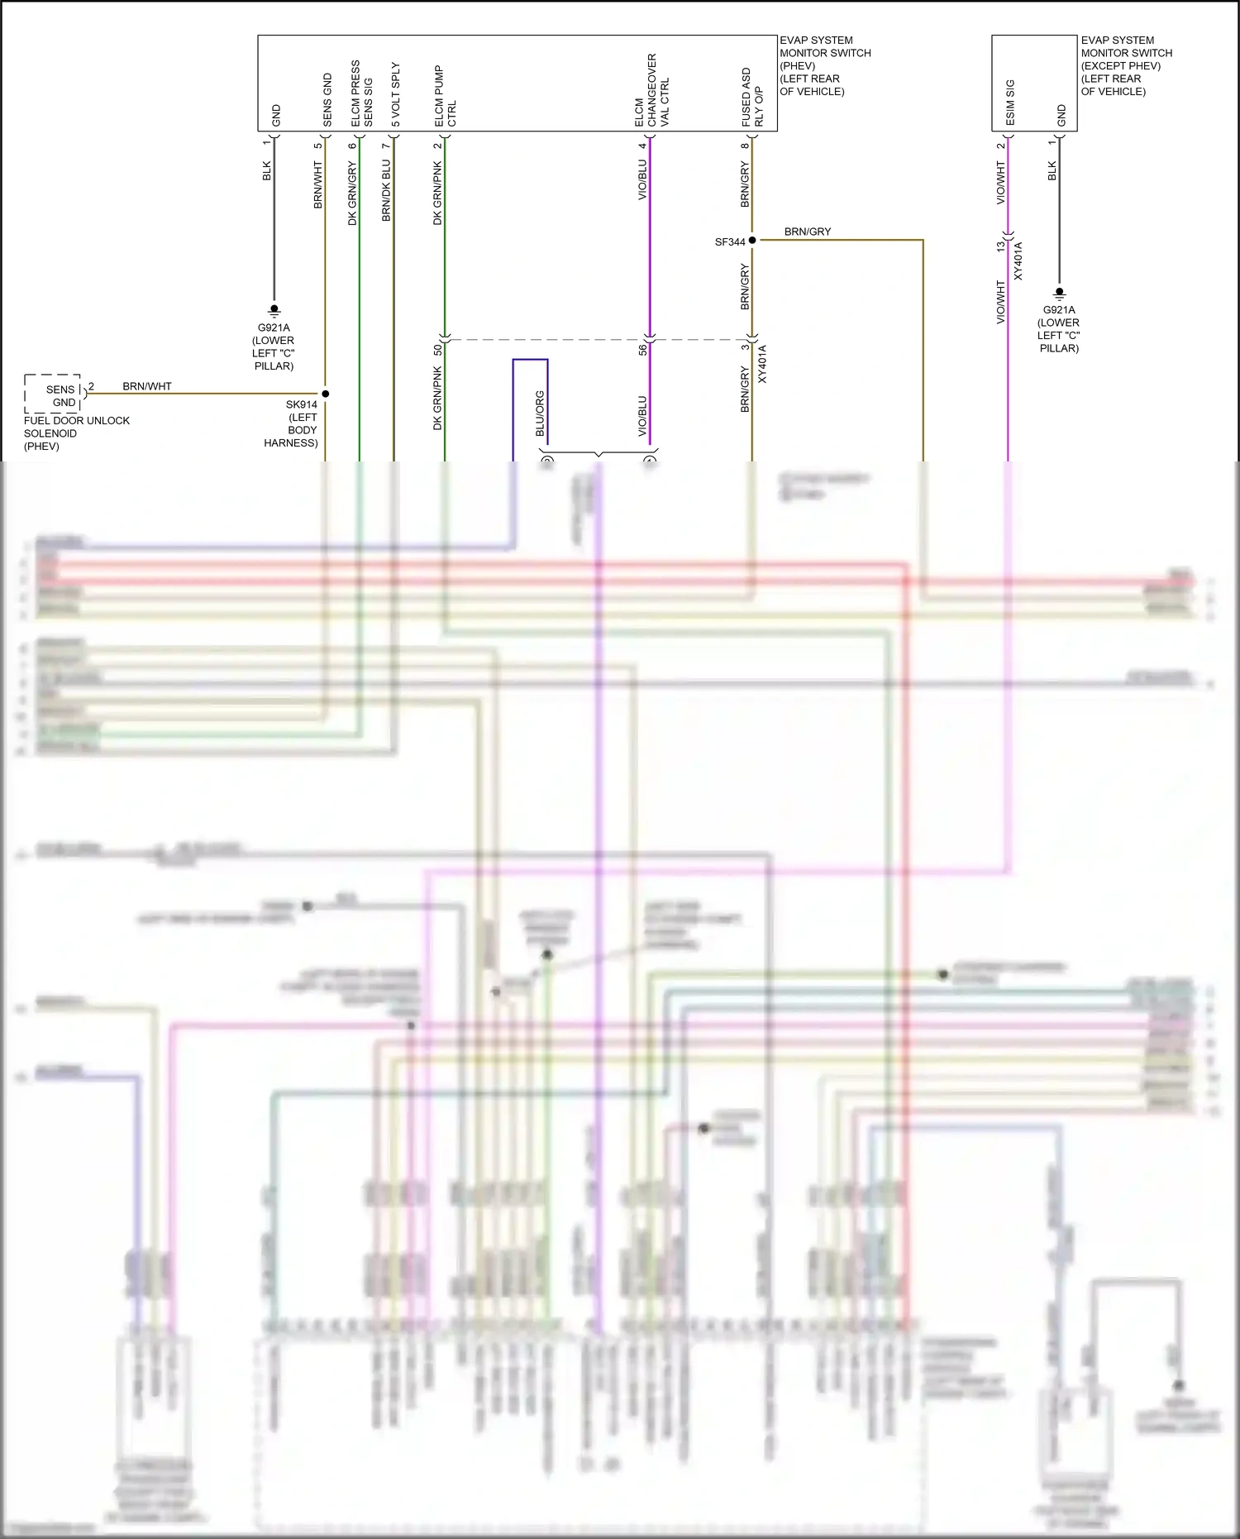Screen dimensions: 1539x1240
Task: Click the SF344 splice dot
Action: click(x=752, y=241)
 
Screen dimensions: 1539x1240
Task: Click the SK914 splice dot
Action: click(x=326, y=394)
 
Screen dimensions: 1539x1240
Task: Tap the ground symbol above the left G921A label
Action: click(x=274, y=311)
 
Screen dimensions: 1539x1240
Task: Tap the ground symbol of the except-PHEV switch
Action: click(x=1059, y=293)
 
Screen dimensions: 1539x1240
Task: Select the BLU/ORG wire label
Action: click(x=540, y=413)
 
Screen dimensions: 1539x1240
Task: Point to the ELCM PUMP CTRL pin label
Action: click(x=445, y=97)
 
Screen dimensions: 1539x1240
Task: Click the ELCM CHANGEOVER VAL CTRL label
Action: click(x=651, y=91)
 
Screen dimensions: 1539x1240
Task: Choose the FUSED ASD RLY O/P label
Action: click(x=752, y=97)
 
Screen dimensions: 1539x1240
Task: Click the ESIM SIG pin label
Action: click(x=1010, y=103)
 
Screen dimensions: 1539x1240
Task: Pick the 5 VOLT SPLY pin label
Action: click(x=395, y=94)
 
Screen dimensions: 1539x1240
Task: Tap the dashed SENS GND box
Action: click(x=53, y=394)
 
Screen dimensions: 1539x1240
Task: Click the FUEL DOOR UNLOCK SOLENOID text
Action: click(x=76, y=433)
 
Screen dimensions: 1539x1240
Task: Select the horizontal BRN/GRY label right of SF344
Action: click(x=807, y=232)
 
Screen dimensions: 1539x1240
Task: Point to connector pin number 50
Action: click(x=438, y=350)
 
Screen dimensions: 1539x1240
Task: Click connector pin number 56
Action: click(x=642, y=350)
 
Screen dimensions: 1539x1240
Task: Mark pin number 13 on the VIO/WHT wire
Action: click(x=1000, y=246)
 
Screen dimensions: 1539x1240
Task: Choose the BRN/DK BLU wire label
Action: click(x=386, y=190)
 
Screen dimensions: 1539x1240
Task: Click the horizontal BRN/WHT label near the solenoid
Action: click(x=147, y=386)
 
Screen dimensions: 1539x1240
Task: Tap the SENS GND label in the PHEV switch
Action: click(x=327, y=100)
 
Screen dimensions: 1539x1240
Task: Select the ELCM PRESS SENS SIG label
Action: click(x=361, y=93)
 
